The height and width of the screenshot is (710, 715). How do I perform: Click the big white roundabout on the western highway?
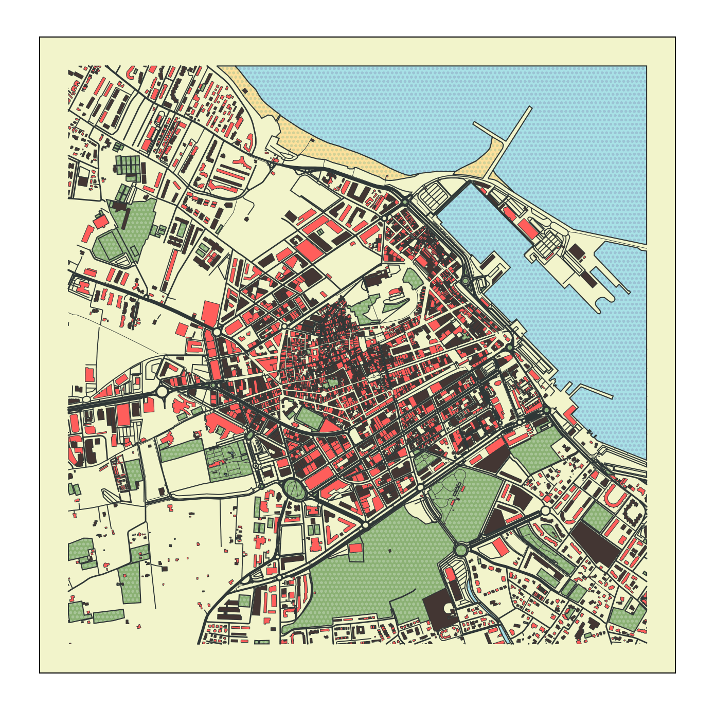click(x=162, y=392)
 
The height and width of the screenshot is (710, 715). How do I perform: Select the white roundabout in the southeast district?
click(x=546, y=511)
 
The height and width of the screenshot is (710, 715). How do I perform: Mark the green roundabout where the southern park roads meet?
click(x=460, y=550)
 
